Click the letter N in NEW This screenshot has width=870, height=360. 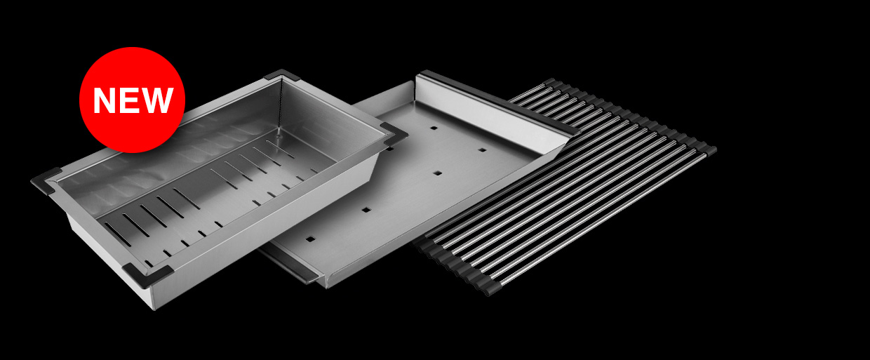point(105,100)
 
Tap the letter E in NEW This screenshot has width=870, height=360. point(128,100)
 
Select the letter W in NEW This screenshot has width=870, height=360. point(156,100)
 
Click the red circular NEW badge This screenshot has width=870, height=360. point(132,100)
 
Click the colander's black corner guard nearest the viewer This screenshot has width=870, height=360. point(147,275)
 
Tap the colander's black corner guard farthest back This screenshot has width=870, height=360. point(281,74)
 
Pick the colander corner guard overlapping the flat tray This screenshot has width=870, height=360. point(392,135)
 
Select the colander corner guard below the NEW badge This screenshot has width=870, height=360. point(46,180)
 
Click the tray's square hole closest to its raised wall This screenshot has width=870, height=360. point(434,128)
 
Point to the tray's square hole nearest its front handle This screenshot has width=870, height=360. point(310,239)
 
